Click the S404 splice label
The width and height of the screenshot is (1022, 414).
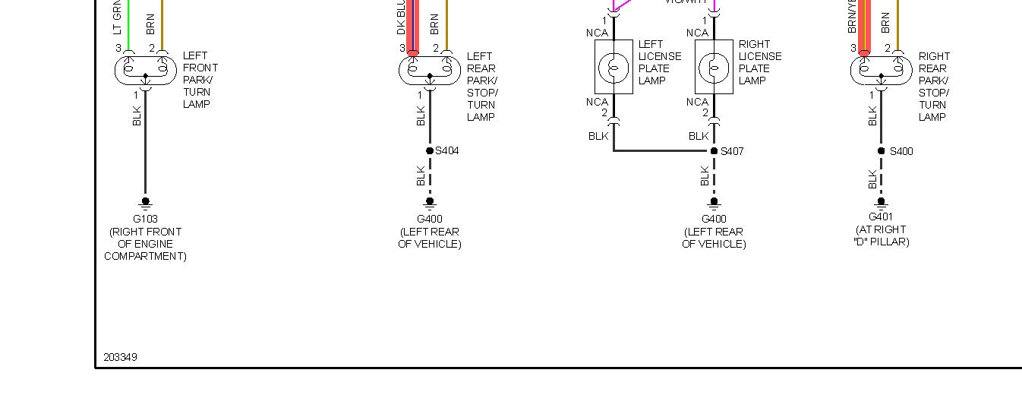click(447, 151)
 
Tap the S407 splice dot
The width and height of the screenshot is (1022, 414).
click(714, 151)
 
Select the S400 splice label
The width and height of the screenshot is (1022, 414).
click(901, 151)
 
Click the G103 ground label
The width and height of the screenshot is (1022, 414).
click(145, 220)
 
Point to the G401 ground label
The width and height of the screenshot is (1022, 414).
click(881, 217)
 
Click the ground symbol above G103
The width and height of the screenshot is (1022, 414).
click(145, 203)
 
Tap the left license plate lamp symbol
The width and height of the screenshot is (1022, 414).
click(614, 68)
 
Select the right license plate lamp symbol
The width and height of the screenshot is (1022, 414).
click(714, 68)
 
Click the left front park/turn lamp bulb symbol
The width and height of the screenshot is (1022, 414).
click(145, 70)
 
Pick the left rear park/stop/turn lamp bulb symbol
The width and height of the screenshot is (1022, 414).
click(430, 70)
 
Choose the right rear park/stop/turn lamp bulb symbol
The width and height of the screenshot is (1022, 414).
click(881, 70)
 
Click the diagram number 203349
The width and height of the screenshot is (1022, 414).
click(120, 357)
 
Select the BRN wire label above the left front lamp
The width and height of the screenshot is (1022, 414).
click(150, 23)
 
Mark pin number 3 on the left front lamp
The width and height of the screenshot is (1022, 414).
click(118, 49)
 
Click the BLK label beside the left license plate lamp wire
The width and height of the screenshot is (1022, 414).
click(598, 137)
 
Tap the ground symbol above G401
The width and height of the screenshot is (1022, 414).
click(881, 202)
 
